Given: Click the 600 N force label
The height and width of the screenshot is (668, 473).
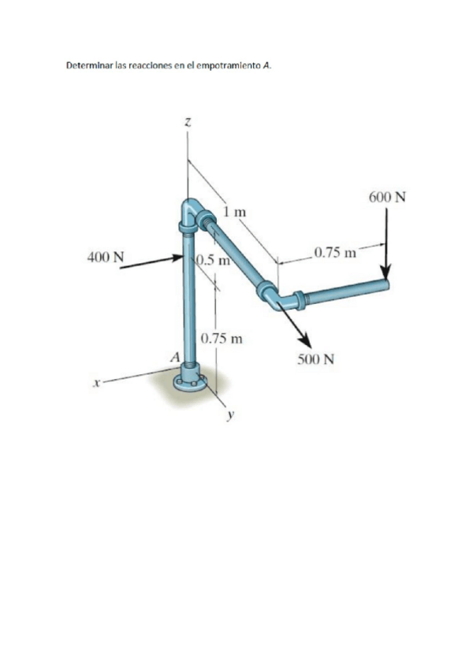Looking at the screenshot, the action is click(x=387, y=197).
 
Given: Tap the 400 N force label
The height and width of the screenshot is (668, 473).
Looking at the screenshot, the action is click(x=106, y=258).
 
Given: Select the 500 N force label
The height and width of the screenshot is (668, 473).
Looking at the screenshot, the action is click(x=315, y=359).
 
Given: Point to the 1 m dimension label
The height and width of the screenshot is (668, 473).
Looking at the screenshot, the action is click(x=235, y=211).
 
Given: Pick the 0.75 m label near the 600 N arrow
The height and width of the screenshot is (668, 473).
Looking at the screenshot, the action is click(x=335, y=253).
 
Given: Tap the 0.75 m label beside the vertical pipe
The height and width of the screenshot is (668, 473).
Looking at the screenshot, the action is click(x=222, y=339).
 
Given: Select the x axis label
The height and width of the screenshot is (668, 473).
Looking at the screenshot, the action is click(x=97, y=384).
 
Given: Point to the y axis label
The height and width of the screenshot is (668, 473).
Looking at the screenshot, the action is click(x=231, y=414).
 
